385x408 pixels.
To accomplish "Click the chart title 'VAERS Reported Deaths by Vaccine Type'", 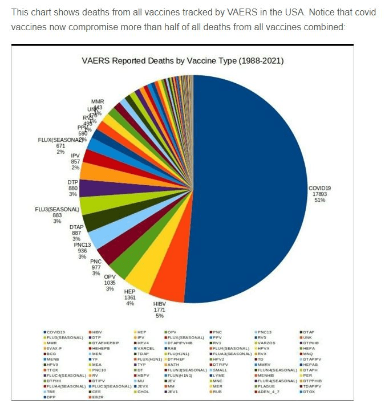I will [x=182, y=61].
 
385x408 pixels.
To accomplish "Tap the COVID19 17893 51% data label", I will [x=319, y=194].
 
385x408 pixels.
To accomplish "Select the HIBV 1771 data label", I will [x=159, y=310].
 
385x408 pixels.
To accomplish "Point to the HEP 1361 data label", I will [x=130, y=297].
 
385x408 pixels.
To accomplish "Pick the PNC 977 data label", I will [x=96, y=267].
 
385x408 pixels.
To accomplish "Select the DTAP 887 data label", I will [x=76, y=233].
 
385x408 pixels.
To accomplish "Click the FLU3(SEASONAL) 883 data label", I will [x=57, y=215].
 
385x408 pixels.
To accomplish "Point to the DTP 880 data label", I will [x=72, y=188].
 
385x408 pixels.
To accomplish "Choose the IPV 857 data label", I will [x=75, y=161].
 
